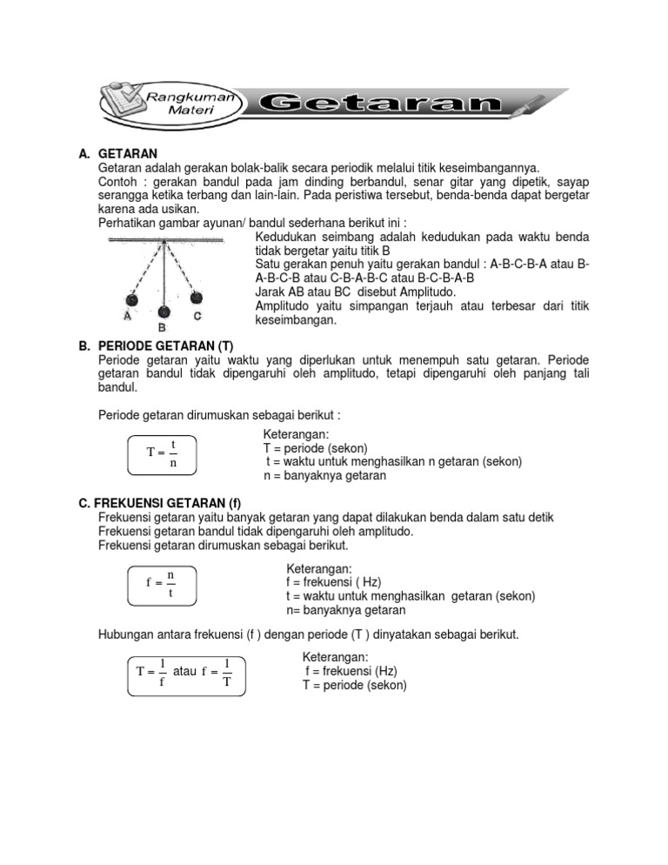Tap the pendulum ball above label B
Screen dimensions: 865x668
pyautogui.click(x=163, y=310)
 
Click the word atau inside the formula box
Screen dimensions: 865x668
pyautogui.click(x=184, y=672)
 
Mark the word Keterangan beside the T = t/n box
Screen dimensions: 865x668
pyautogui.click(x=294, y=434)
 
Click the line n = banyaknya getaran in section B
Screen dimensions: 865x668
pyautogui.click(x=324, y=476)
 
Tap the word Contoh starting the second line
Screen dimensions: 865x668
pyautogui.click(x=117, y=182)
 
